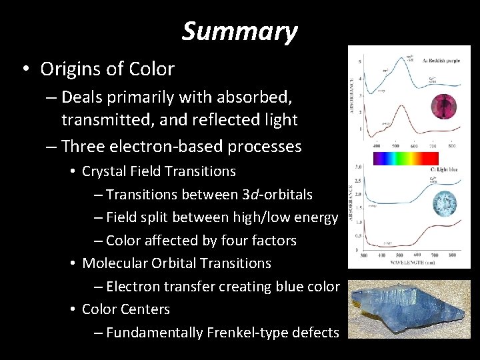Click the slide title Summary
point(239,31)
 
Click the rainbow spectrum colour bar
point(405,158)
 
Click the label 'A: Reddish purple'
point(444,60)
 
